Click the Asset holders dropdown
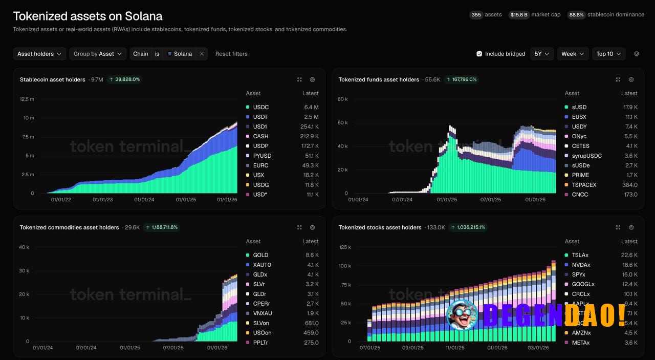click(x=39, y=54)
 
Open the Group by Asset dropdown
click(x=98, y=54)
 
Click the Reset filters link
click(x=231, y=54)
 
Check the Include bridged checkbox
click(x=479, y=54)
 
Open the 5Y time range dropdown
click(x=541, y=54)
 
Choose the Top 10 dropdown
click(x=608, y=54)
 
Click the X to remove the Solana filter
click(x=202, y=54)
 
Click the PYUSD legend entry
click(x=261, y=156)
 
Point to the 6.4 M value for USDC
click(x=311, y=107)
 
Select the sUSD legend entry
click(x=579, y=107)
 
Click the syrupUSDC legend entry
click(x=586, y=156)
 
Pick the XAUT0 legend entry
click(x=262, y=265)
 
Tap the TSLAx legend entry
click(x=580, y=255)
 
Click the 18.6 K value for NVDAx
click(x=629, y=265)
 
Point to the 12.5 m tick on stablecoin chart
click(x=27, y=99)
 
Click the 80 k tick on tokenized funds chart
click(x=343, y=99)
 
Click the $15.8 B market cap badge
click(x=518, y=15)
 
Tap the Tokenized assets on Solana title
click(x=88, y=16)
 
